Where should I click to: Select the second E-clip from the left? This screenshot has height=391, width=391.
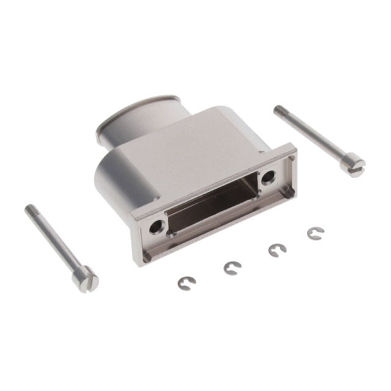[x=232, y=268]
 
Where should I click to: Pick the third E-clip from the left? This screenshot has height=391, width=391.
[x=278, y=250]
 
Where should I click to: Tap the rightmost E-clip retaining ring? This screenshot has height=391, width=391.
[x=315, y=233]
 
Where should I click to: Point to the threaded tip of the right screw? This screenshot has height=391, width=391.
[x=280, y=110]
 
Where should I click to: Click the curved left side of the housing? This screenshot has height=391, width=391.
[x=113, y=177]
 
